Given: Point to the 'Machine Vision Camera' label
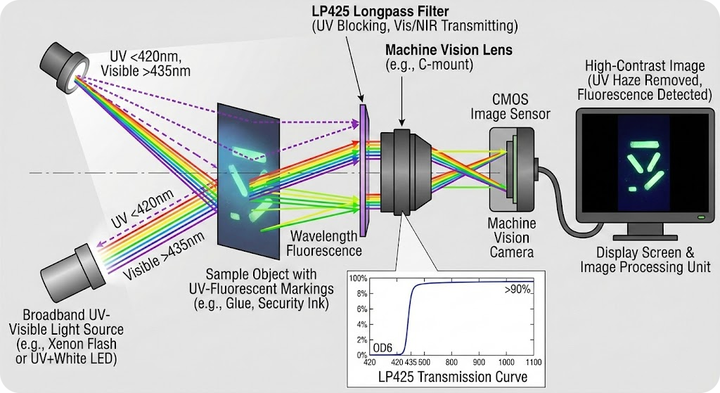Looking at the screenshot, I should (511, 238).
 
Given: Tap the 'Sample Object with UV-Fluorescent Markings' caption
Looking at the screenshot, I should (259, 288).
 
